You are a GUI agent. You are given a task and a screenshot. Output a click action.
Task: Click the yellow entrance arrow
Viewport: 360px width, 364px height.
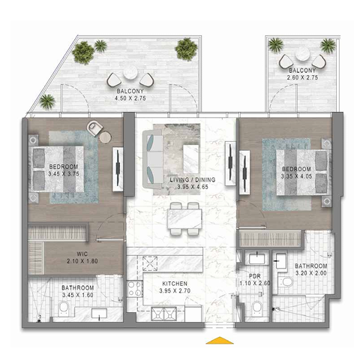click(220, 340)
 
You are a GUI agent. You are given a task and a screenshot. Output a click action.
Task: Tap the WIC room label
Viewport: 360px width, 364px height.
click(82, 254)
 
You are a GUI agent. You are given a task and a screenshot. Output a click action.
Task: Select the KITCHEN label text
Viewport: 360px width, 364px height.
click(175, 284)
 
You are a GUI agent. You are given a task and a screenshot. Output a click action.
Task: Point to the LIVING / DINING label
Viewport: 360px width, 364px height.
click(193, 179)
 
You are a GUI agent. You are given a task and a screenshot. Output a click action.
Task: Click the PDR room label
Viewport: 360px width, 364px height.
click(255, 276)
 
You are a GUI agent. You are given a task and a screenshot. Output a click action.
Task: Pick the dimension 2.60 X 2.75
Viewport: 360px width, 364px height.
click(302, 77)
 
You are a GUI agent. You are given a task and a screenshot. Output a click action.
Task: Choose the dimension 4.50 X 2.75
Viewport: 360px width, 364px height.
click(130, 98)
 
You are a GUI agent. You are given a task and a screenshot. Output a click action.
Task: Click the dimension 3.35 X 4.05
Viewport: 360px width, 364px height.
click(296, 176)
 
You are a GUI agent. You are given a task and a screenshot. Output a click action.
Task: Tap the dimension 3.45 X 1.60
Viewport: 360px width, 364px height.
click(78, 295)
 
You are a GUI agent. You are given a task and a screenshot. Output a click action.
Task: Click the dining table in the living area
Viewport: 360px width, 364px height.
click(185, 218)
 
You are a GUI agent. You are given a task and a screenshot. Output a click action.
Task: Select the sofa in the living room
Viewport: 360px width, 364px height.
click(152, 159)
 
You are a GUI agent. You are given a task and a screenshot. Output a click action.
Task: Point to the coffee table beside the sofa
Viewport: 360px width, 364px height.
click(191, 159)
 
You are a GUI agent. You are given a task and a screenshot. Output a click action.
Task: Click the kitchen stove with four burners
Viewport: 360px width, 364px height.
click(135, 288)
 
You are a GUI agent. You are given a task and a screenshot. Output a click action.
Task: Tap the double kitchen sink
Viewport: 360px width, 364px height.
click(163, 314)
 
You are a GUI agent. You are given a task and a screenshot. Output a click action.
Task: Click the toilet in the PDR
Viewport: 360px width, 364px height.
click(257, 308)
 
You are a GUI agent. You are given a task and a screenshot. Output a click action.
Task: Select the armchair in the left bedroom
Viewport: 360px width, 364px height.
click(94, 128)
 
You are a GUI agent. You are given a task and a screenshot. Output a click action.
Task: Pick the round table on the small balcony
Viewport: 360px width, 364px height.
click(302, 54)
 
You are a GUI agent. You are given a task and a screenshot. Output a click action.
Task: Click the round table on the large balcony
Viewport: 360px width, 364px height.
click(130, 73)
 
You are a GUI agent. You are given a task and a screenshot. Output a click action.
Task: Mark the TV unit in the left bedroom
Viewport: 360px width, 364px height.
click(118, 170)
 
